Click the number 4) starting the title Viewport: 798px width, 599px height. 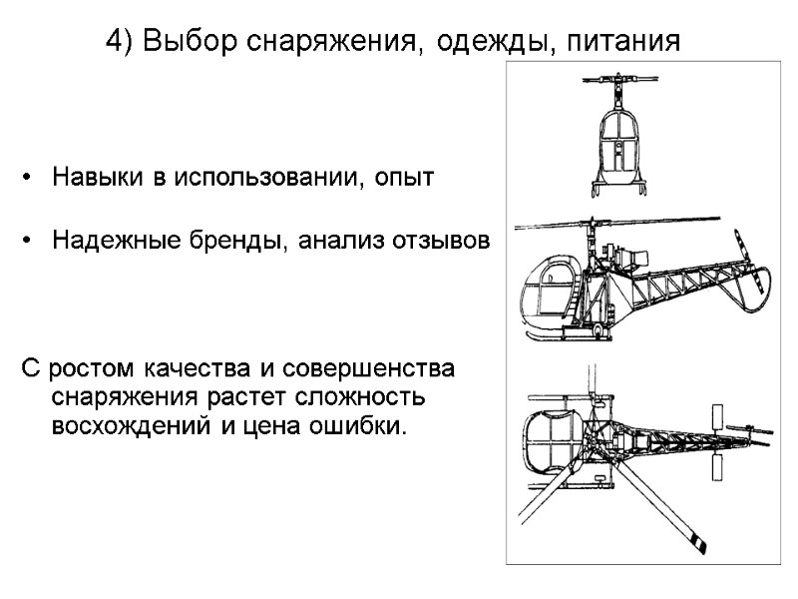[119, 42]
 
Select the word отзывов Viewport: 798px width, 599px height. [443, 241]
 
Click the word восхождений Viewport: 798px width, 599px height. [130, 427]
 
